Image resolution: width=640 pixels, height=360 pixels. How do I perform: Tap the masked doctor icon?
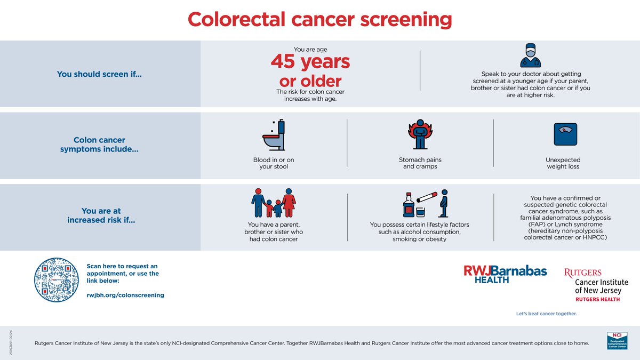pyautogui.click(x=531, y=55)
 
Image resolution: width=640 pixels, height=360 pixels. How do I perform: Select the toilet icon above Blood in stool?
pyautogui.click(x=274, y=135)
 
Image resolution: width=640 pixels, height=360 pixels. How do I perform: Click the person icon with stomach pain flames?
pyautogui.click(x=420, y=134)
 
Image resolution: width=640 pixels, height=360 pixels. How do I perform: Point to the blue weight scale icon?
pyautogui.click(x=565, y=134)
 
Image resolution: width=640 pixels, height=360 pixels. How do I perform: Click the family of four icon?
pyautogui.click(x=274, y=203)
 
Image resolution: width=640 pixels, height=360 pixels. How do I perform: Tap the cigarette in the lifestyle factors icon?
pyautogui.click(x=427, y=197)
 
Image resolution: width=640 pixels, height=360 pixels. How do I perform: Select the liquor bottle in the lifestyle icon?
pyautogui.click(x=409, y=205)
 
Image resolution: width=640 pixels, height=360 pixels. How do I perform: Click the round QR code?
pyautogui.click(x=57, y=280)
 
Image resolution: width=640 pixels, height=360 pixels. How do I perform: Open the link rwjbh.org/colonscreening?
pyautogui.click(x=125, y=295)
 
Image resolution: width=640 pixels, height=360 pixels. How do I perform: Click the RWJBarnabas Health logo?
pyautogui.click(x=505, y=274)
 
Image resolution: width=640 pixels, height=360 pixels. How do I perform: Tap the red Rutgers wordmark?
pyautogui.click(x=583, y=273)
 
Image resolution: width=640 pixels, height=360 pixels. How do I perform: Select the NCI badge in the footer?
pyautogui.click(x=617, y=341)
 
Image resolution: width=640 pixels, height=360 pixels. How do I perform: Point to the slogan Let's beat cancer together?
pyautogui.click(x=546, y=314)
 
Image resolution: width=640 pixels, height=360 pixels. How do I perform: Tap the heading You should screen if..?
pyautogui.click(x=99, y=74)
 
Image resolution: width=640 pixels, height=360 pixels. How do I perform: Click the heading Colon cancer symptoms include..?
pyautogui.click(x=99, y=145)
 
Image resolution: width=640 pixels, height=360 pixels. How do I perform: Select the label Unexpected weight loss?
pyautogui.click(x=563, y=163)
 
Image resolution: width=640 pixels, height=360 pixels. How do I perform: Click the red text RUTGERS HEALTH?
pyautogui.click(x=598, y=299)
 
